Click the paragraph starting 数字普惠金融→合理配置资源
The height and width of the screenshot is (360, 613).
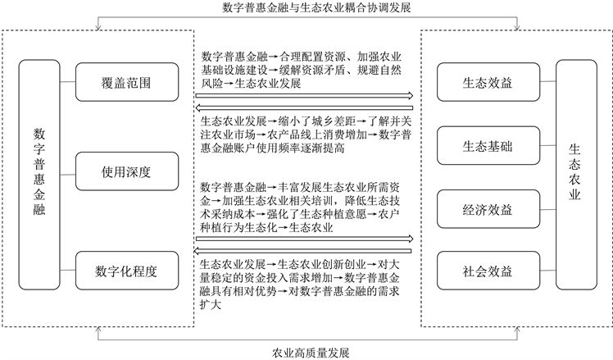pos(300,70)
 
